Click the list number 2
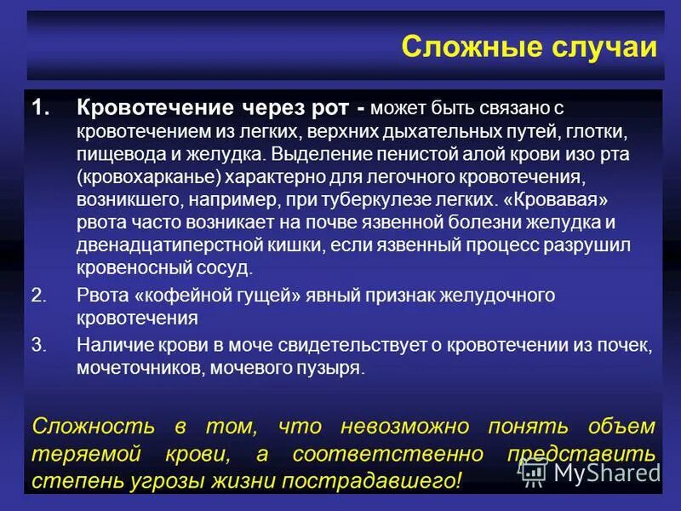38,296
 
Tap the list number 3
38,345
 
